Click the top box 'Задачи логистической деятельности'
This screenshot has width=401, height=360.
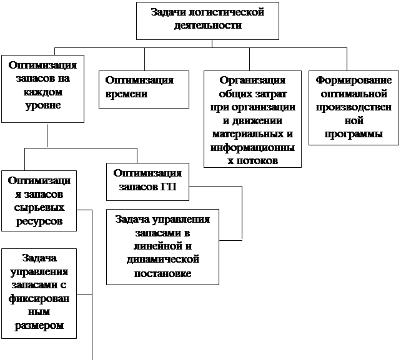207,21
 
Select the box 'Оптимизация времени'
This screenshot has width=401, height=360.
144,89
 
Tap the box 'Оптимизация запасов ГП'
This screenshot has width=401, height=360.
147,182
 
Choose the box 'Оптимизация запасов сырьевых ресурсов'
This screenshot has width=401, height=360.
39,201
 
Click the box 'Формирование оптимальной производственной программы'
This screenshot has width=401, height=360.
354,108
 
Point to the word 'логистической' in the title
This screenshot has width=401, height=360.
226,12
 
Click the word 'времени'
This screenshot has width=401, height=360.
126,94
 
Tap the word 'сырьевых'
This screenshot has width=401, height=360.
39,208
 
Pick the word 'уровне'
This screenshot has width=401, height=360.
42,105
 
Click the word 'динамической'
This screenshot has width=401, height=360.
163,260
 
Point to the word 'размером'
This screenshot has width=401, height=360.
39,326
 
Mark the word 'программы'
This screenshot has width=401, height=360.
354,134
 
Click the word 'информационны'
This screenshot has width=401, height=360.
252,148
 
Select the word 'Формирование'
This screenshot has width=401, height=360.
354,80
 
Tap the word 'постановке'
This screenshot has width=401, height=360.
162,274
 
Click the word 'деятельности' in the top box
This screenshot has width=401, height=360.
207,26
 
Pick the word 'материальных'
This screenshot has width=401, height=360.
248,134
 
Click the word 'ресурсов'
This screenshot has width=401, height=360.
39,221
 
